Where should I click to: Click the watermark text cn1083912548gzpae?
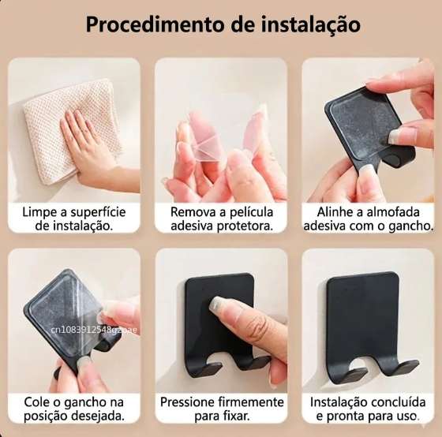93,329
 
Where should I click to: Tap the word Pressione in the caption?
189,402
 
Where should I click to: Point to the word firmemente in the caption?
253,402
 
